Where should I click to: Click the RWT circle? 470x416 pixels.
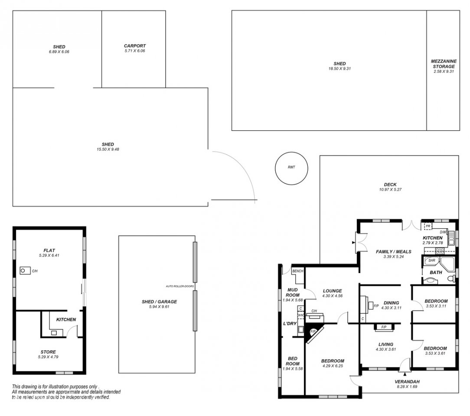275,168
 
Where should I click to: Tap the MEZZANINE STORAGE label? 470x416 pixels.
444,64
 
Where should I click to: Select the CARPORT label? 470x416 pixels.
135,46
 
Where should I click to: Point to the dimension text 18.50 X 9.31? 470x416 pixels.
339,68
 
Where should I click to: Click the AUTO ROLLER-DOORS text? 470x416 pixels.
180,286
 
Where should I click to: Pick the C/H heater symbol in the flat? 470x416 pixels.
25,271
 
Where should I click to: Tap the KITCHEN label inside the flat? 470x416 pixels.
66,319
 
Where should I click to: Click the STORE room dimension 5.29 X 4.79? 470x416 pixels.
48,357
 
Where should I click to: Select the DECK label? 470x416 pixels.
390,185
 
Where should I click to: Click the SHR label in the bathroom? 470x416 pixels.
432,260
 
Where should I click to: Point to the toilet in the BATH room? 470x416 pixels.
451,279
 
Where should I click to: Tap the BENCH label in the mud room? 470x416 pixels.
297,271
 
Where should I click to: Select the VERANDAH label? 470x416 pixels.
407,382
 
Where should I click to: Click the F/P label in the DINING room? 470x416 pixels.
376,306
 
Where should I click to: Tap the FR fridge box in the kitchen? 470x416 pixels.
428,226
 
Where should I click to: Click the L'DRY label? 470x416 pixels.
290,323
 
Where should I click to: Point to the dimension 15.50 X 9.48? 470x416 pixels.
108,149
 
